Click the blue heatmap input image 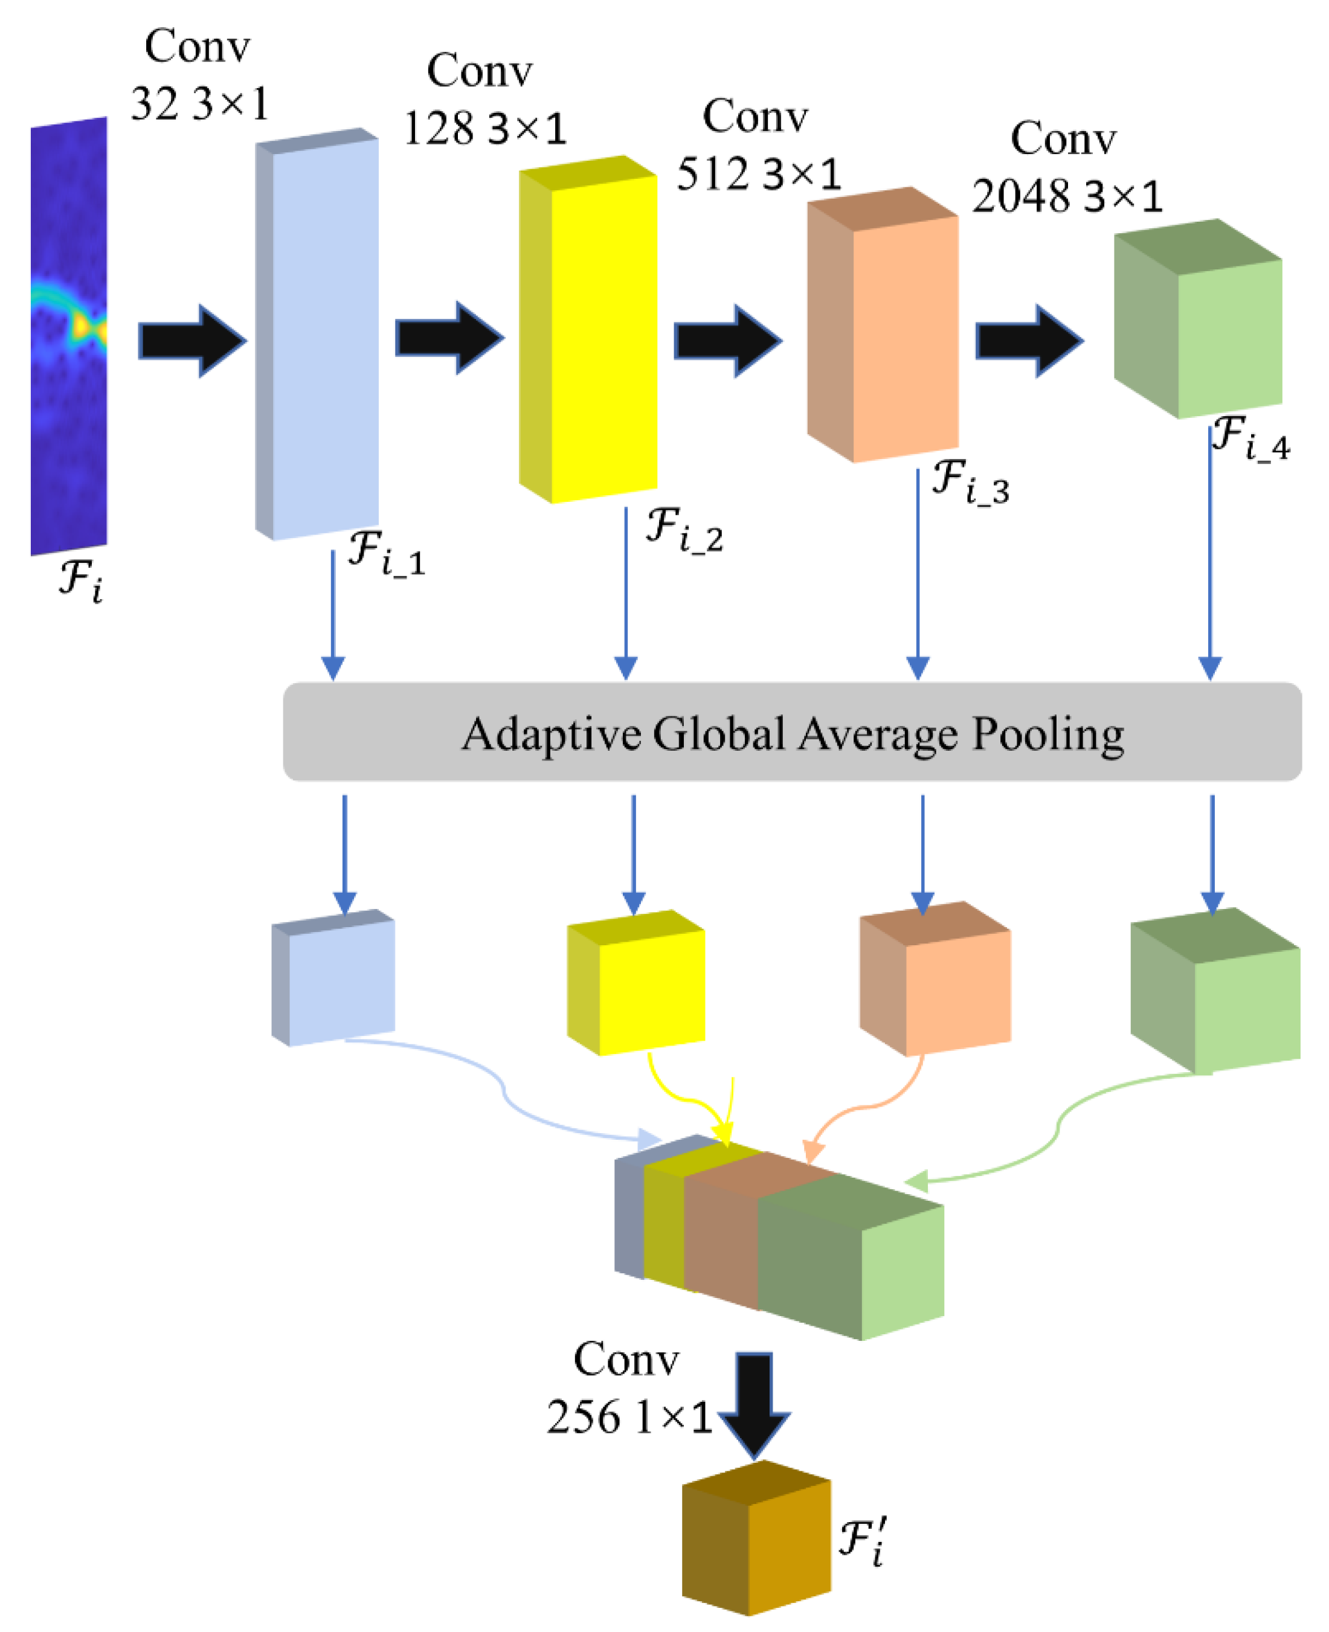tap(69, 337)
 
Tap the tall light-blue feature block tap(324, 337)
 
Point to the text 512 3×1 tap(758, 175)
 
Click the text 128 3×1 tap(484, 129)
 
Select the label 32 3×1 tap(199, 104)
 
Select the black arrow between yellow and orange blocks tap(727, 341)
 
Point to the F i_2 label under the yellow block tap(684, 530)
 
